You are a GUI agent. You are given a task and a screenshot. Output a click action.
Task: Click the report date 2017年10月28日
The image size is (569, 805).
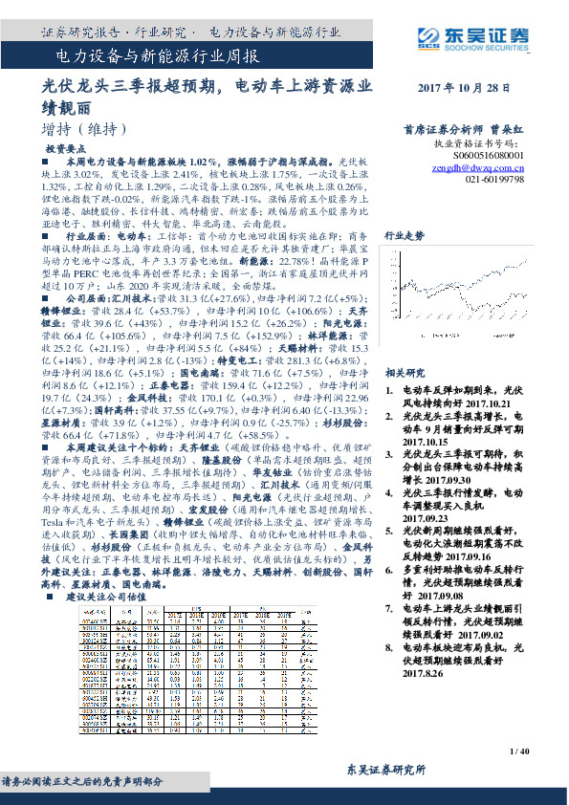point(465,88)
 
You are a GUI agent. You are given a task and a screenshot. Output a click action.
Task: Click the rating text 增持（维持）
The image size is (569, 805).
point(78,128)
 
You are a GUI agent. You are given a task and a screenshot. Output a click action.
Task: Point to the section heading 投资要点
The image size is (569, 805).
point(69,150)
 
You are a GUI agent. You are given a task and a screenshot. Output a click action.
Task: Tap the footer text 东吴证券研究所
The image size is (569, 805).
point(385,771)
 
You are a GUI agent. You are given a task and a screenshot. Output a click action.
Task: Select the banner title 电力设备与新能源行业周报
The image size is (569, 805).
point(144,57)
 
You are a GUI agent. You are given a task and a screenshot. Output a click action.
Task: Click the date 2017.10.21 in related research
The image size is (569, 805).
point(478,403)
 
